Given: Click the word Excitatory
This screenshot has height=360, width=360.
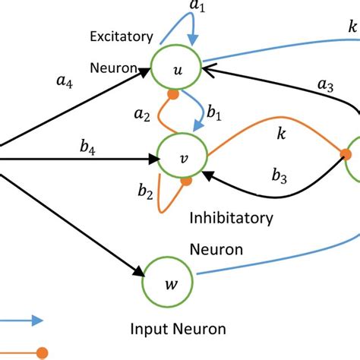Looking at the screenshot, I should (x=122, y=36).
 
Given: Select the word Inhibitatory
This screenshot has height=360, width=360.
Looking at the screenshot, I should (x=231, y=219).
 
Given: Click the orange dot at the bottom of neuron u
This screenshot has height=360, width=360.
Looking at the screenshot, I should (x=173, y=96).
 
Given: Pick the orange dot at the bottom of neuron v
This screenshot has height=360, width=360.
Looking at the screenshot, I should (x=186, y=182).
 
